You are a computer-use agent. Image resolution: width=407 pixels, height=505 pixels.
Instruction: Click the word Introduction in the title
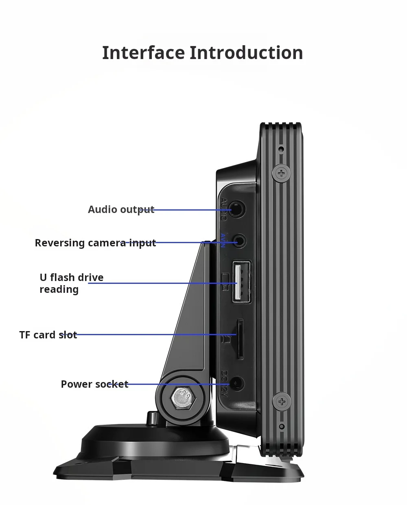click(246, 53)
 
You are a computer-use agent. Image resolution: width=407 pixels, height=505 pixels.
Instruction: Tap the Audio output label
click(121, 209)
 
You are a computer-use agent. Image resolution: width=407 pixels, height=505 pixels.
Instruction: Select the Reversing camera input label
click(95, 243)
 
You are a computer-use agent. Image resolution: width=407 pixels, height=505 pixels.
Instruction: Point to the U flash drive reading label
click(71, 283)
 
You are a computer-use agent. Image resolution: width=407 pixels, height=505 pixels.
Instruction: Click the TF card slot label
click(48, 335)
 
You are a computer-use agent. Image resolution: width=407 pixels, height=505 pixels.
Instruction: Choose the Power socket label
click(94, 384)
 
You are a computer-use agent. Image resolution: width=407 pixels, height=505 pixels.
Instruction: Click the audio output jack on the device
click(237, 210)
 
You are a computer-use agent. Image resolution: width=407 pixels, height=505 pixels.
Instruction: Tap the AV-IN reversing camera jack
click(240, 242)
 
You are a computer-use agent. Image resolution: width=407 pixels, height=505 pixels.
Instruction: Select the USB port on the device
click(241, 282)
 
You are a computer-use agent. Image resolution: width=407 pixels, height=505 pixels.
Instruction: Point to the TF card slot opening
click(240, 339)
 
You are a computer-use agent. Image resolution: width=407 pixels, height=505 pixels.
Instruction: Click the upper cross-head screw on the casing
click(281, 173)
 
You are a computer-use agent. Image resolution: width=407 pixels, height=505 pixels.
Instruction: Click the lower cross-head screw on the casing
click(281, 402)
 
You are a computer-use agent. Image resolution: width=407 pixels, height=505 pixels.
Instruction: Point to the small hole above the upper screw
click(281, 149)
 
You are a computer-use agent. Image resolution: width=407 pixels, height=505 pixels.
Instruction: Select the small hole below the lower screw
click(281, 426)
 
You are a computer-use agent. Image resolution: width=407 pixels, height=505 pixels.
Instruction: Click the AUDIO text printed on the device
click(223, 209)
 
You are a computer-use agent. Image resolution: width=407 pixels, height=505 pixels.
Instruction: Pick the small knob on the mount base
click(152, 419)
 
